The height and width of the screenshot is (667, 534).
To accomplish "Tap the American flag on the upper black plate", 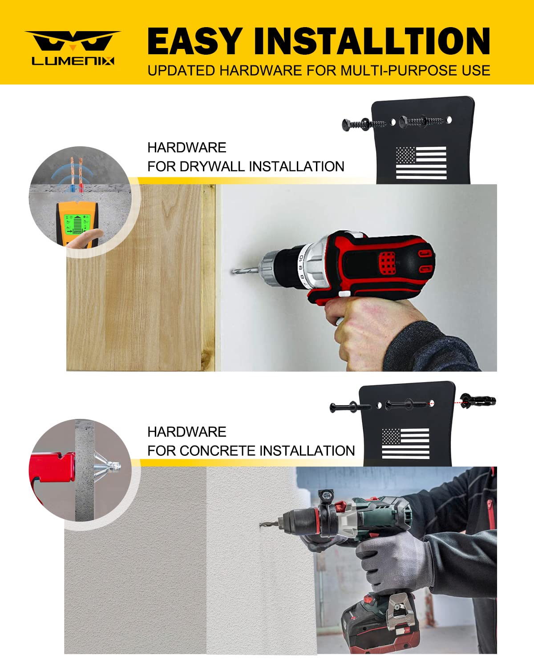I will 421,163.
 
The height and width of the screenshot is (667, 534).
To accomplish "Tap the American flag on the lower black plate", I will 405,443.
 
